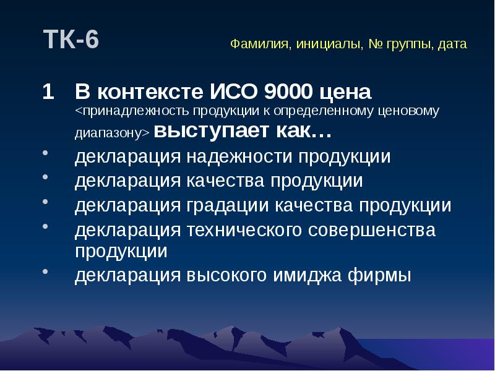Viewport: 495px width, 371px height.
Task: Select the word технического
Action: tap(244, 230)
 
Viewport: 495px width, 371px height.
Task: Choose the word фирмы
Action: tap(388, 275)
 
